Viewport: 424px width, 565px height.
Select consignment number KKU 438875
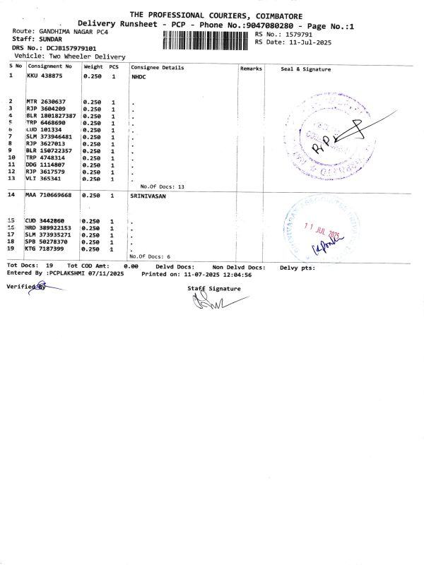45,75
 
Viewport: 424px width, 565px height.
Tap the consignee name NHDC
139,75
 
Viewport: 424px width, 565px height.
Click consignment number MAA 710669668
48,194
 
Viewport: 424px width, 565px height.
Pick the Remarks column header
251,68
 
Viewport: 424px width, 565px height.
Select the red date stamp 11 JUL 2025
322,230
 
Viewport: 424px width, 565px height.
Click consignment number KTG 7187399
45,249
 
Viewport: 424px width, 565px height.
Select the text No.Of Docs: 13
162,186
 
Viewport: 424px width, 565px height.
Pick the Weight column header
93,67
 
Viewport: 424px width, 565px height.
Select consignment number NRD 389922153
48,228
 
